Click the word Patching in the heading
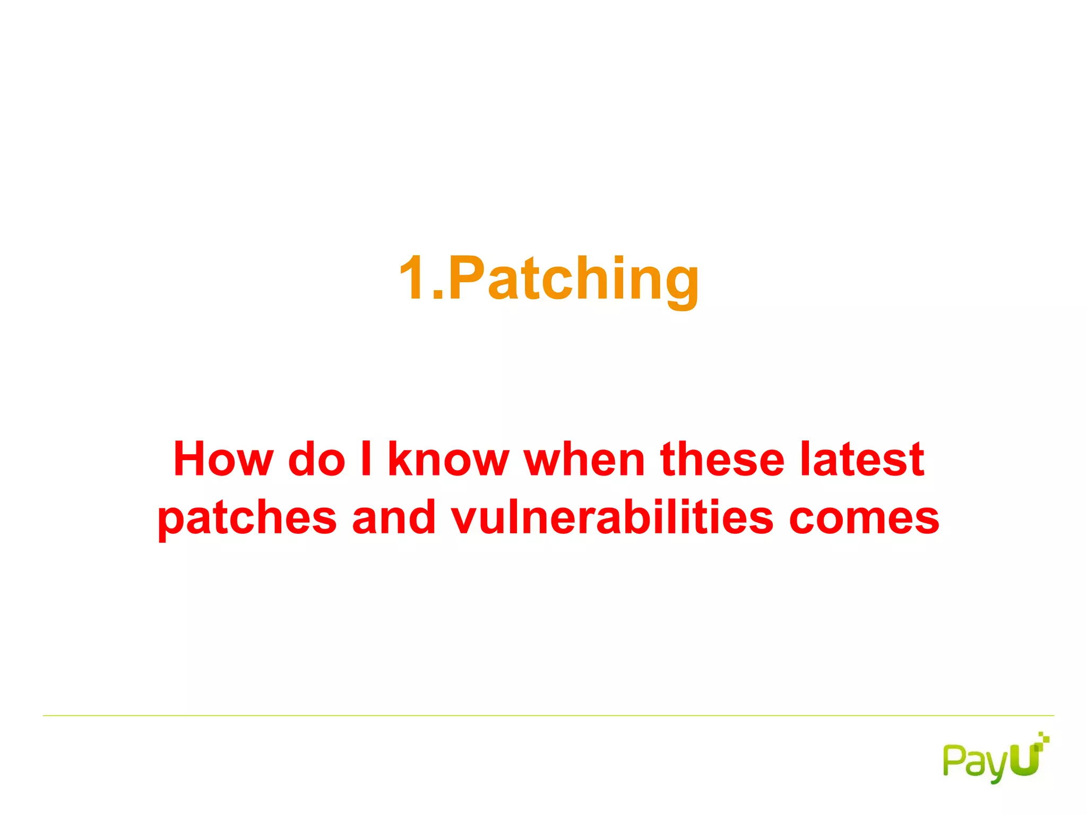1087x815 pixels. [573, 279]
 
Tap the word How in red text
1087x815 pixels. [223, 459]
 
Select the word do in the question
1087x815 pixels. [317, 459]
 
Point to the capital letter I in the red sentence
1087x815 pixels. [366, 459]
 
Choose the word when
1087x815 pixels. [584, 459]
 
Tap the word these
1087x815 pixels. [722, 459]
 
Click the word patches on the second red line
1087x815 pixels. [247, 519]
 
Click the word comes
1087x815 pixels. [864, 519]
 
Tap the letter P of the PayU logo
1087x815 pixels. [953, 760]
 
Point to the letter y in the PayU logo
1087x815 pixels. [996, 767]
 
